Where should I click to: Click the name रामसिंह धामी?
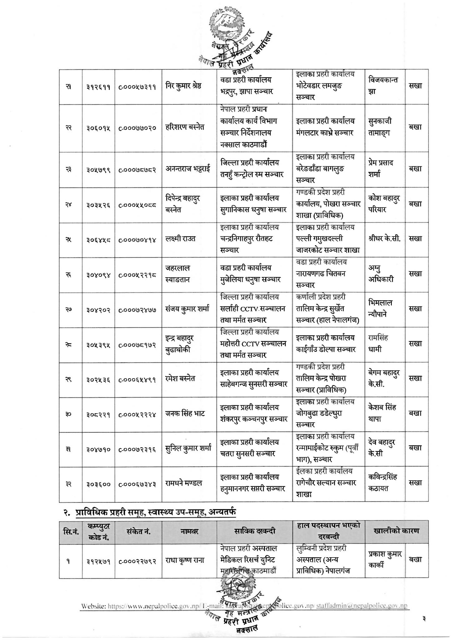click(x=378, y=343)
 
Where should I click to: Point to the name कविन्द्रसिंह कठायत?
click(x=382, y=483)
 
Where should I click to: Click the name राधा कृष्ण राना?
click(x=185, y=560)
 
